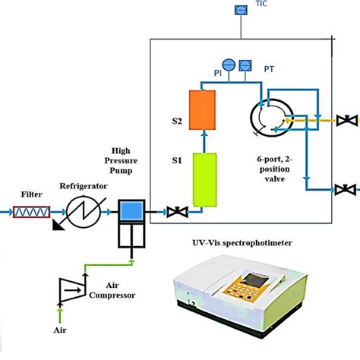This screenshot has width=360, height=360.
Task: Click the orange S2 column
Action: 203,109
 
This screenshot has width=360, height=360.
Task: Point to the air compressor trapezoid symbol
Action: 71,288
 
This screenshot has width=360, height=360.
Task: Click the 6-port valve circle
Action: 269,118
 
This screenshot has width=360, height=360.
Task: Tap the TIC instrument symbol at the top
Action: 239,10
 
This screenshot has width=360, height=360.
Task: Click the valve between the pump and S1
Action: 174,210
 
